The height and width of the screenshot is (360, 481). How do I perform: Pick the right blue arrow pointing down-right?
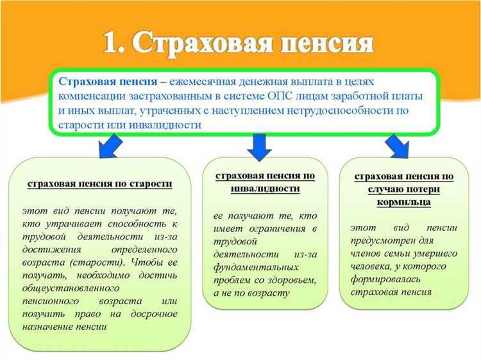(x=398, y=146)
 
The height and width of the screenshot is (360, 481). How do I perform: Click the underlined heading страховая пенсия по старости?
(x=99, y=184)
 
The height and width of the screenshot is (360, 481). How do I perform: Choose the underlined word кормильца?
(x=404, y=202)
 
